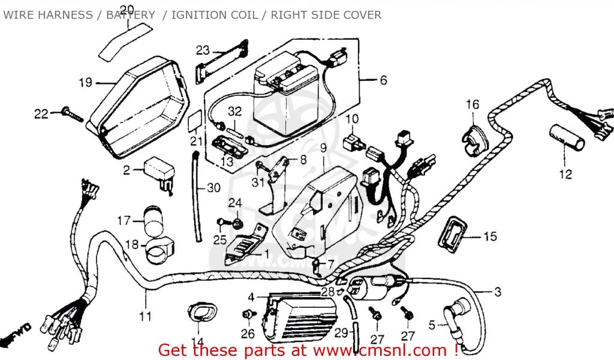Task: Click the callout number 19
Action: pyautogui.click(x=85, y=82)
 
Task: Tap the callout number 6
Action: pyautogui.click(x=383, y=80)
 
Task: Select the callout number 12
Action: pyautogui.click(x=565, y=175)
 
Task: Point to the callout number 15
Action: pyautogui.click(x=490, y=237)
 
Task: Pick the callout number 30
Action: pyautogui.click(x=213, y=188)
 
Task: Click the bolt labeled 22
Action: pyautogui.click(x=71, y=114)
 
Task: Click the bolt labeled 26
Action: pyautogui.click(x=246, y=315)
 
